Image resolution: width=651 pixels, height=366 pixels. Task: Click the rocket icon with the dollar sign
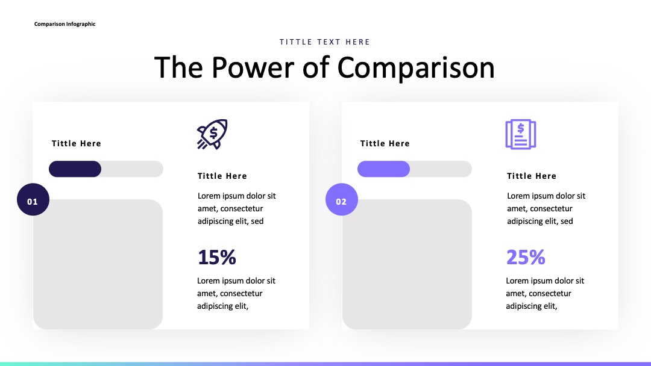212,134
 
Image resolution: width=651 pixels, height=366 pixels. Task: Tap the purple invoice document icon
521,134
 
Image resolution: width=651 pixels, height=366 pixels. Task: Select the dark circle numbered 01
33,199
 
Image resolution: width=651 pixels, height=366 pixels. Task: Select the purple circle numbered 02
342,199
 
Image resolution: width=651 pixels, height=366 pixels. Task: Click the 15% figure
217,257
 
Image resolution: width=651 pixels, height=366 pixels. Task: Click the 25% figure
526,257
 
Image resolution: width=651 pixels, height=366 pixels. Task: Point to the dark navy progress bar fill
75,169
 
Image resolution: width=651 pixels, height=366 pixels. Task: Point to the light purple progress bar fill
383,169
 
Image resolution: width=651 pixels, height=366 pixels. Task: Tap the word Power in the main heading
253,67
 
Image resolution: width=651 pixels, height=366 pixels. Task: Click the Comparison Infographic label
64,24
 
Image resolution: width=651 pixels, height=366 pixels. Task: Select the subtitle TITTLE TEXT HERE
325,42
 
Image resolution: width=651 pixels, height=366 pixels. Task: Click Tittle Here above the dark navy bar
77,143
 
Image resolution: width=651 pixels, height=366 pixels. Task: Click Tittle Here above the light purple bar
385,143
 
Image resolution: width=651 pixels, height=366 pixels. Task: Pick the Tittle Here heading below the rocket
222,176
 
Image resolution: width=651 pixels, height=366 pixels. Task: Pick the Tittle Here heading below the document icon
532,176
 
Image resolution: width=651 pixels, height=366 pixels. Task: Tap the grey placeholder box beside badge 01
98,264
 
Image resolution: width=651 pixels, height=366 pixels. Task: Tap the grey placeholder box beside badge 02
407,264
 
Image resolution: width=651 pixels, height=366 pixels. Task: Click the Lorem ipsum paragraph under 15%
236,294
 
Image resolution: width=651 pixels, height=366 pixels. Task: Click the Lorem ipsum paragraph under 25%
545,294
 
